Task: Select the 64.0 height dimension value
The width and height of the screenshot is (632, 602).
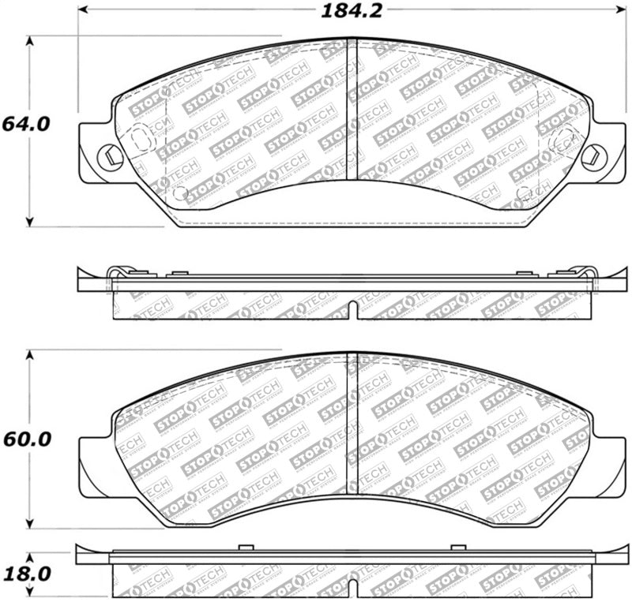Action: (x=25, y=124)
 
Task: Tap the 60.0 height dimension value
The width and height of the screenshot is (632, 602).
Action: (x=25, y=438)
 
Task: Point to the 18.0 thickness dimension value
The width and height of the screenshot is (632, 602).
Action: (x=25, y=572)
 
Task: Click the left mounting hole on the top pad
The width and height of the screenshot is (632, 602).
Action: (x=106, y=155)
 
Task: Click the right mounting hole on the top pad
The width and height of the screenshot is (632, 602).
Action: (x=589, y=155)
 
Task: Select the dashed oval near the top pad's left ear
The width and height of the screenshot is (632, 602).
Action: (x=138, y=140)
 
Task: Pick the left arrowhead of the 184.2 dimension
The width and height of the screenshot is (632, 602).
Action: (x=82, y=12)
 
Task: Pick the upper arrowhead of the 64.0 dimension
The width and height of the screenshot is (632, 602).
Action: (x=30, y=41)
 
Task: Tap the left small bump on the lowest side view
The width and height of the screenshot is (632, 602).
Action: (x=244, y=547)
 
